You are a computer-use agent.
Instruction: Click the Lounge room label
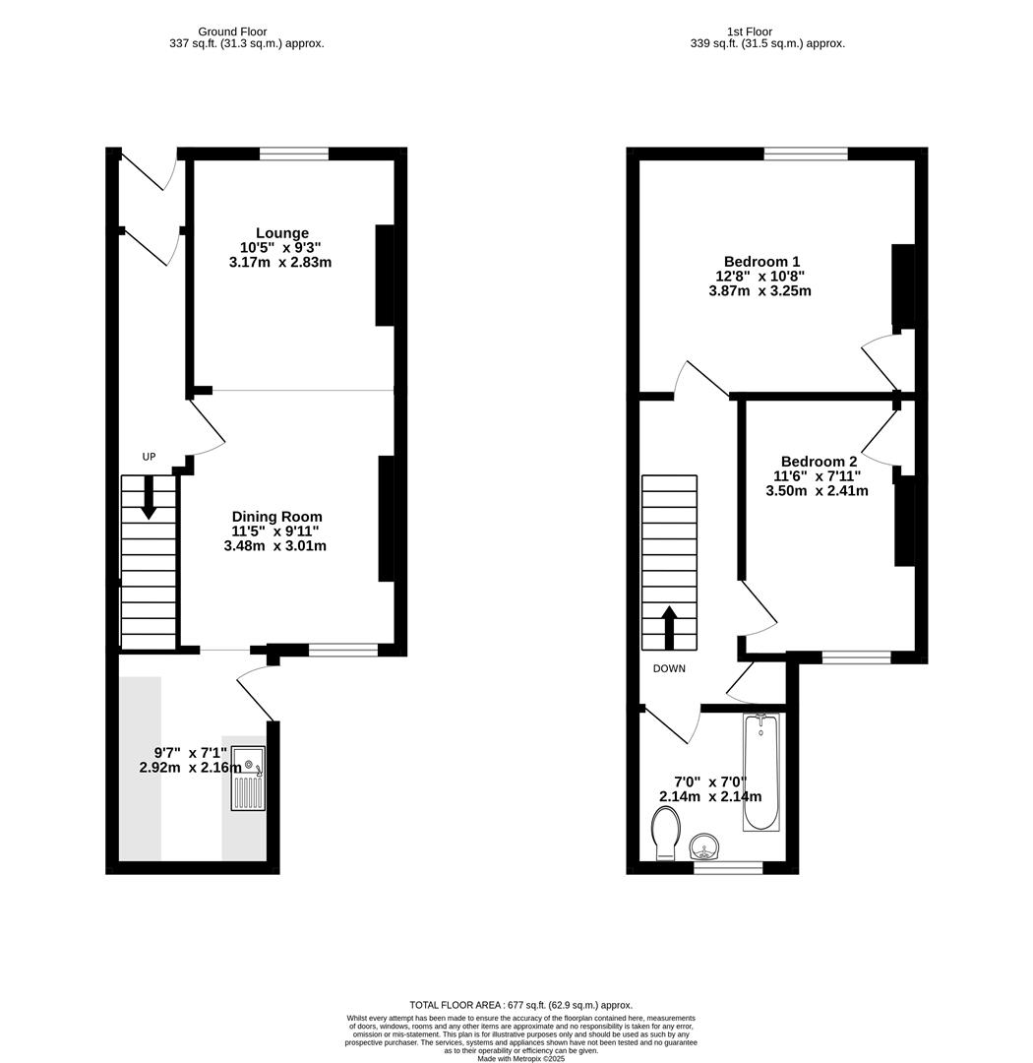coord(282,233)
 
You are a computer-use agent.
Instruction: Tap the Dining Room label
coord(276,517)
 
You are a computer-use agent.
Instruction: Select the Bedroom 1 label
coord(761,262)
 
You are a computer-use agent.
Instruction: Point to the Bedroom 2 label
coord(819,462)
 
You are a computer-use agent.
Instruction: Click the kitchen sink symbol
coord(248,778)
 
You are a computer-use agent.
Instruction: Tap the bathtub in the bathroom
coord(760,773)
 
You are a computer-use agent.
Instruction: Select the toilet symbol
coord(666,833)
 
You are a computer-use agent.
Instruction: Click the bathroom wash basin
coord(705,845)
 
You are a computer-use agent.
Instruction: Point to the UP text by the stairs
coord(150,457)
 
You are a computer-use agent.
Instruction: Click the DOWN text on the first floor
coord(669,669)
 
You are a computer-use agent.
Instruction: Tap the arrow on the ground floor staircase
coord(149,497)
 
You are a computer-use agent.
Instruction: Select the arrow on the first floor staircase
coord(669,627)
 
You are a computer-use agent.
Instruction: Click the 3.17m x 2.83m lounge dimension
coord(280,263)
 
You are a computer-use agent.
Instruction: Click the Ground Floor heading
coord(232,31)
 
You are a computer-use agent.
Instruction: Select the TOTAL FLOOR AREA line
coord(521,1005)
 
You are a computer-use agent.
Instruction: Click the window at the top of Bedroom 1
coord(806,154)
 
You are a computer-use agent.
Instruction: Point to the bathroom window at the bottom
coord(728,868)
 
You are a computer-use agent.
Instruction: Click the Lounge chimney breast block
coord(385,276)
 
